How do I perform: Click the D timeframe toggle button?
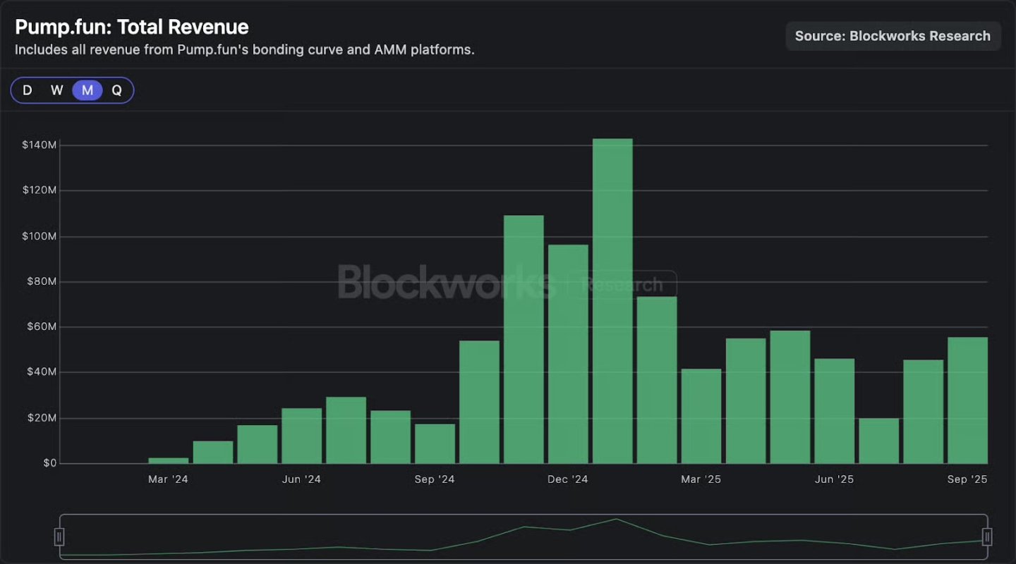pyautogui.click(x=28, y=90)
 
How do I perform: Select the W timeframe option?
pyautogui.click(x=57, y=90)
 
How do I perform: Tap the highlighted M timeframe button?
pyautogui.click(x=87, y=90)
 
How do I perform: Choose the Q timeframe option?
pyautogui.click(x=117, y=90)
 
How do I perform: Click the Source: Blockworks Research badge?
pyautogui.click(x=893, y=36)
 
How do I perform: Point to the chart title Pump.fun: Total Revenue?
pyautogui.click(x=132, y=27)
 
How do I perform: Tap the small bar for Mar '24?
pyautogui.click(x=169, y=460)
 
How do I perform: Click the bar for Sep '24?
pyautogui.click(x=435, y=443)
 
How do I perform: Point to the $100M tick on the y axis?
pyautogui.click(x=40, y=236)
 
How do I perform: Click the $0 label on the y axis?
pyautogui.click(x=49, y=463)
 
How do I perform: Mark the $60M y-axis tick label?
pyautogui.click(x=42, y=327)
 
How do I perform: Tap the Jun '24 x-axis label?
pyautogui.click(x=301, y=479)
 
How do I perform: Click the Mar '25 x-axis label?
pyautogui.click(x=701, y=479)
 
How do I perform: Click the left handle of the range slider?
pyautogui.click(x=60, y=537)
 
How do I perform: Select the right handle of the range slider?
pyautogui.click(x=987, y=537)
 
